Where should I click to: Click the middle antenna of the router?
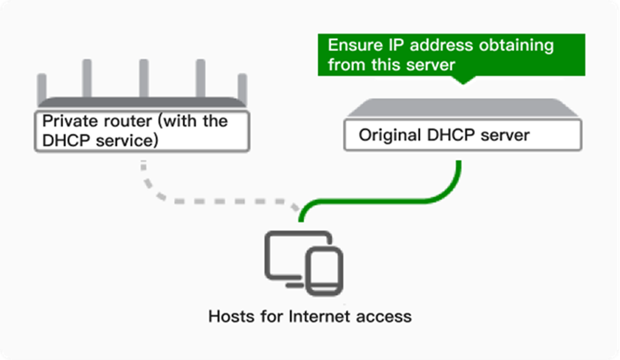click(144, 79)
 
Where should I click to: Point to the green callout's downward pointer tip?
click(462, 83)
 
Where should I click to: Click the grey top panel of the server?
click(462, 108)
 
